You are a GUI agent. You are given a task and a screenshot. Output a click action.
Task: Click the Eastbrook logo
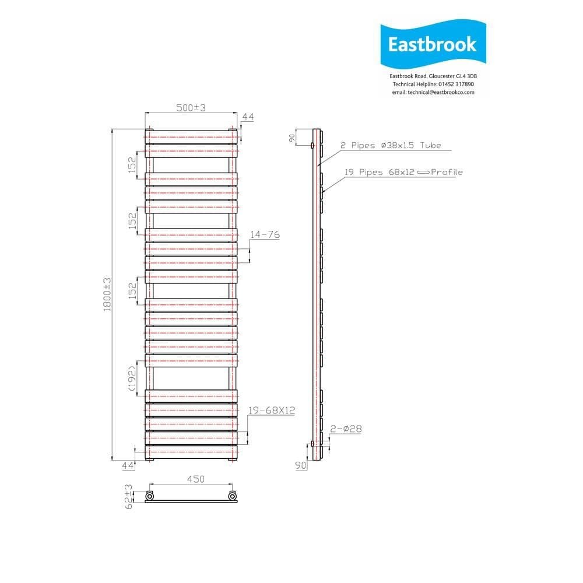click(x=432, y=45)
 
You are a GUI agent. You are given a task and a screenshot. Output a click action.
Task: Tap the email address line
click(x=433, y=92)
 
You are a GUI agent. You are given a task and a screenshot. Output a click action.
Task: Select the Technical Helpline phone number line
click(x=433, y=84)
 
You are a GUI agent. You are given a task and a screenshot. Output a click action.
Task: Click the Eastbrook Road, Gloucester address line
click(x=433, y=76)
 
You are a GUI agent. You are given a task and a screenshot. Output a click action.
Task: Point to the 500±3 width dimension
click(x=191, y=107)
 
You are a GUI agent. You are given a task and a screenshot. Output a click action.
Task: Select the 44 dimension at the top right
click(x=248, y=117)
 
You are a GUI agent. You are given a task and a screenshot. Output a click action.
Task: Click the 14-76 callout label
click(x=265, y=234)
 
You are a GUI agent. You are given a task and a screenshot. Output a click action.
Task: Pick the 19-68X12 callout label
click(x=271, y=410)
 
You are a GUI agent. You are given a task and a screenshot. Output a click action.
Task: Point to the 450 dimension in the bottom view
click(x=195, y=479)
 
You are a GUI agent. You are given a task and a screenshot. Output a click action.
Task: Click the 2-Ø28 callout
click(x=346, y=429)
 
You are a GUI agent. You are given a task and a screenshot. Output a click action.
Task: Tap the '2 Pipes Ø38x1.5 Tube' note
click(x=391, y=145)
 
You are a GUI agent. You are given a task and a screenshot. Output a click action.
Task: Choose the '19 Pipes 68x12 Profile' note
click(x=402, y=172)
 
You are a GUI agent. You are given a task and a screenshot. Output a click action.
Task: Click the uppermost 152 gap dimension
click(x=132, y=163)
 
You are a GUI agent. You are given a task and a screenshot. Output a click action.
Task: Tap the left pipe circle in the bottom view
click(x=150, y=496)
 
